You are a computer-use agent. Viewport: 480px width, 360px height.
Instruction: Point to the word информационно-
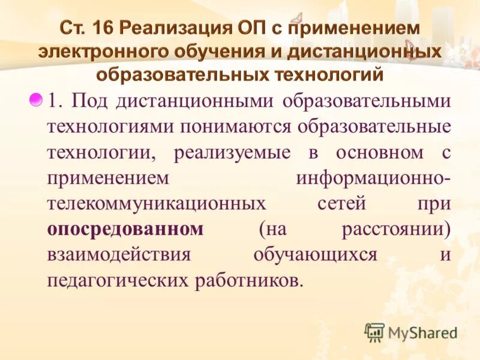click(x=373, y=178)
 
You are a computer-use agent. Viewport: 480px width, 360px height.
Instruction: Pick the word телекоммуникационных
click(x=157, y=203)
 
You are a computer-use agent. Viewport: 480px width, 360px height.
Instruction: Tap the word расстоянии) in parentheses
click(x=396, y=229)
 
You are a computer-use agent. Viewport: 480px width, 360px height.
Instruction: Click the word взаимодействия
click(x=119, y=254)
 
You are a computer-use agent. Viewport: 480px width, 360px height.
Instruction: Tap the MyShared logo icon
click(x=375, y=332)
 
